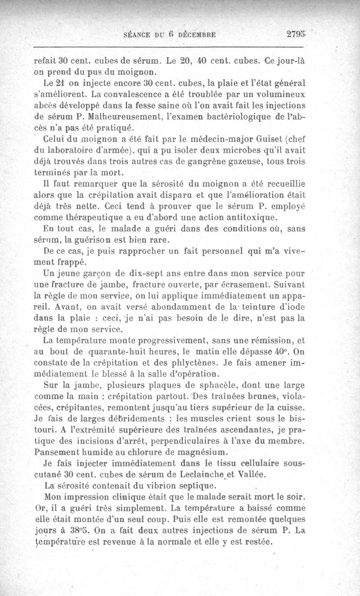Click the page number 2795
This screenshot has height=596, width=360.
coord(295,34)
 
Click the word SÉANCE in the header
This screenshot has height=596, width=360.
coord(136,34)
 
